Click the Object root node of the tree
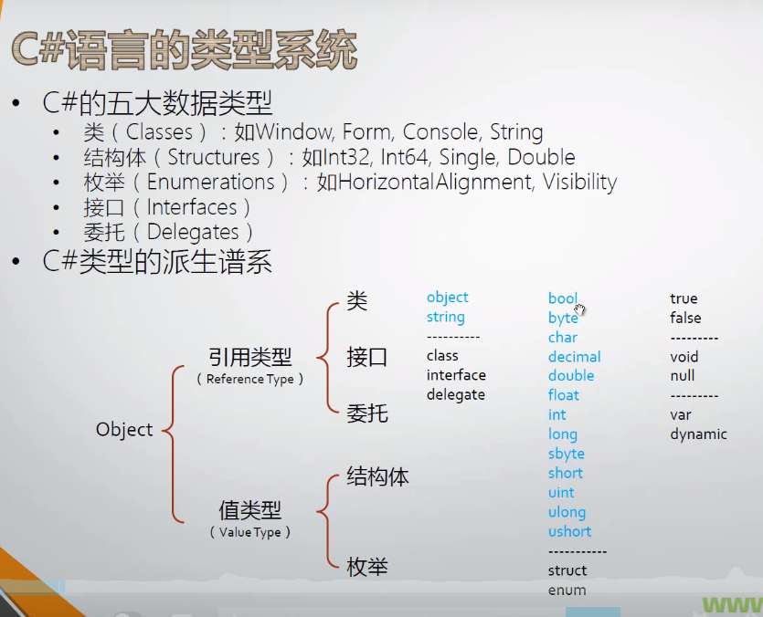click(x=124, y=429)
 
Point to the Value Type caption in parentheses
click(x=249, y=532)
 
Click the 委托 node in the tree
click(x=367, y=413)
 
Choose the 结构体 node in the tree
click(x=377, y=476)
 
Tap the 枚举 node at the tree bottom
click(x=367, y=567)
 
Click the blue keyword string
click(x=445, y=317)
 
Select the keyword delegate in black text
click(x=455, y=394)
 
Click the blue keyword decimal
click(x=574, y=357)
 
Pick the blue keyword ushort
click(x=569, y=531)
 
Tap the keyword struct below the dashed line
click(x=567, y=570)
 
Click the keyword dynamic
click(x=698, y=434)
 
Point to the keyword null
click(x=682, y=375)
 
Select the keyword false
click(x=685, y=318)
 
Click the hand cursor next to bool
click(x=580, y=309)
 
